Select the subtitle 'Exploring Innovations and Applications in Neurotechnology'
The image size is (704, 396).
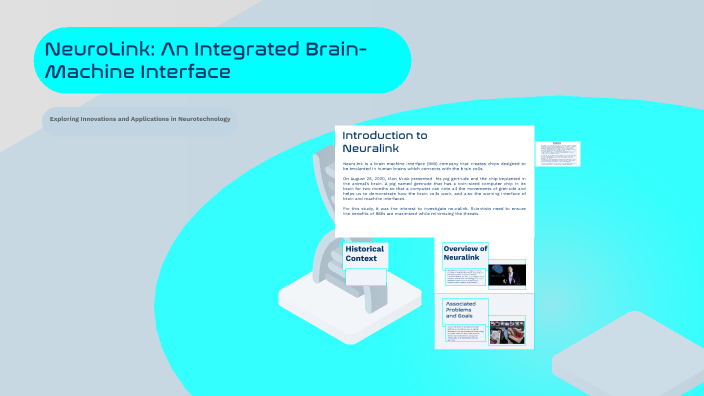point(140,120)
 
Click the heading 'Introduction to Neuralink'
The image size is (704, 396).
point(385,141)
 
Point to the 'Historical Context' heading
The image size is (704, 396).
point(364,254)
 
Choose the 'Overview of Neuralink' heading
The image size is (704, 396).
point(465,254)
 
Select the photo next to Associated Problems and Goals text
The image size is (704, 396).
point(507,331)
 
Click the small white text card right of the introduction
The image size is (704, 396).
point(558,153)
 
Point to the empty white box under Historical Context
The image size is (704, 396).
point(365,277)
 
